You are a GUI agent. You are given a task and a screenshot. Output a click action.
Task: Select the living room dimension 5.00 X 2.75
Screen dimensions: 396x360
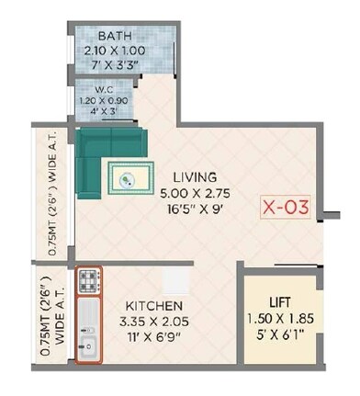192,193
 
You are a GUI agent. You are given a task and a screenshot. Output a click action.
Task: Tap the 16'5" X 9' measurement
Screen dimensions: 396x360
192,209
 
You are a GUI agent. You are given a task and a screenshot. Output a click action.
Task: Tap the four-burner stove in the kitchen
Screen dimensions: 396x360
87,278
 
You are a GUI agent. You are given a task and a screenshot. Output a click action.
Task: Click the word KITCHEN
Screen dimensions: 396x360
153,305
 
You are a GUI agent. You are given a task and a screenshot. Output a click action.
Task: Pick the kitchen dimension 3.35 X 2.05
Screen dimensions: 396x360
153,322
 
